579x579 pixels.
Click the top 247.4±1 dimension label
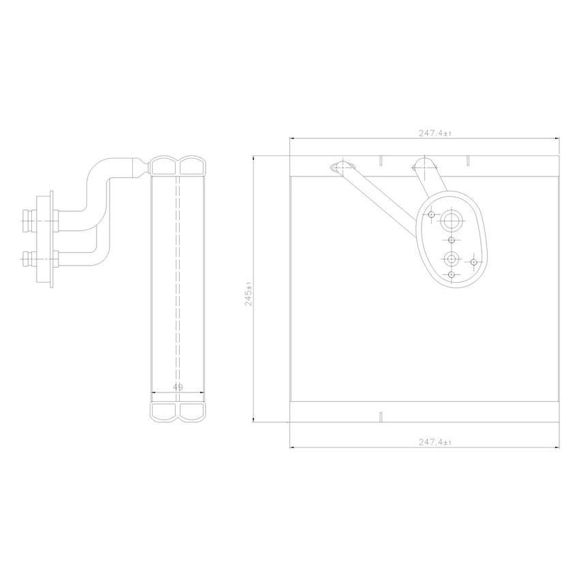435,134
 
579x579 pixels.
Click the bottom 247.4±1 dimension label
435,442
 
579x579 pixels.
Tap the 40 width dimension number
178,386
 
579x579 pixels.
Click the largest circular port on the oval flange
452,221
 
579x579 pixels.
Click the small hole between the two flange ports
452,240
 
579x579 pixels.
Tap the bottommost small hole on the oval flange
452,275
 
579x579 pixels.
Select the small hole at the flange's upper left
432,214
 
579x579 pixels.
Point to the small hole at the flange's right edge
474,261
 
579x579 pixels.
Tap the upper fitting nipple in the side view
29,219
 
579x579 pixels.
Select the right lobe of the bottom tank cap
192,411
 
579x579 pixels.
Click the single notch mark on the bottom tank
381,416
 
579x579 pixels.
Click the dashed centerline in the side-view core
178,286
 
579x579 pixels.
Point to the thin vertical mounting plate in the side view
50,238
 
